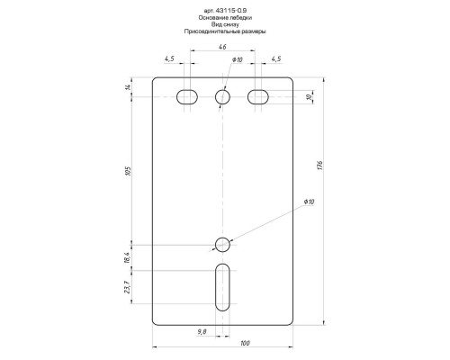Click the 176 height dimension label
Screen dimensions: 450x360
click(x=319, y=166)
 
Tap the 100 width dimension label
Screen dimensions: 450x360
click(x=245, y=343)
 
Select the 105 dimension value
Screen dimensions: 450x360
click(x=129, y=171)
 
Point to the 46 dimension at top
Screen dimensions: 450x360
click(x=222, y=47)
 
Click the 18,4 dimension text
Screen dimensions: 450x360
click(x=127, y=257)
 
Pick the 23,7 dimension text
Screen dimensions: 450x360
click(x=127, y=287)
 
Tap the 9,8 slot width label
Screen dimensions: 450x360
click(x=202, y=331)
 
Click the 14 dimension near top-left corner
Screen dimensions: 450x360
click(x=128, y=87)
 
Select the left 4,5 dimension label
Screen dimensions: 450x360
click(x=169, y=58)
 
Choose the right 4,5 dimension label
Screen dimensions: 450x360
click(x=276, y=58)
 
